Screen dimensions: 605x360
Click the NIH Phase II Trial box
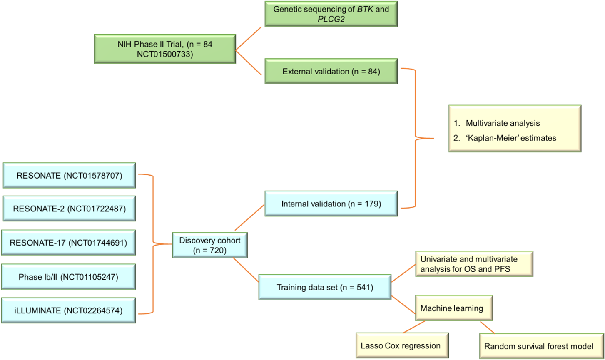[x=165, y=49]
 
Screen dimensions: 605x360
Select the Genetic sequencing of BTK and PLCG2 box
[x=331, y=14]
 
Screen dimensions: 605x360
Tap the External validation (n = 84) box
[x=331, y=71]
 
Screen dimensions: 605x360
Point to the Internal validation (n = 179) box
[x=331, y=204]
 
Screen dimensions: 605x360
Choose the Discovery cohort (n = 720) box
[x=210, y=245]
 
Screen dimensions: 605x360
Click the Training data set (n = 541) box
[x=325, y=287]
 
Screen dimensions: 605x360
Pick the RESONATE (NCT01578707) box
[x=70, y=175]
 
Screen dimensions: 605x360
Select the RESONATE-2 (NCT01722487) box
[x=70, y=209]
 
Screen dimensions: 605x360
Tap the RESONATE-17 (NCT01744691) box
[x=69, y=243]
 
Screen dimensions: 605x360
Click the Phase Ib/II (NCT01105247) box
[x=69, y=277]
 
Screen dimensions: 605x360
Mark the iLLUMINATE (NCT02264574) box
[x=69, y=310]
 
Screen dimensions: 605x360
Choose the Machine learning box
[x=454, y=308]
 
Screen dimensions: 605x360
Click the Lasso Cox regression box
[x=403, y=345]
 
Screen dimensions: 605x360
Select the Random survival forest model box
[x=542, y=346]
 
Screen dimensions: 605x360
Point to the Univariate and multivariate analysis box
[x=474, y=264]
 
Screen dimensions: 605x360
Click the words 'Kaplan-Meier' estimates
[x=511, y=138]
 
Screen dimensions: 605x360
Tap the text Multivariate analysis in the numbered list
[x=503, y=123]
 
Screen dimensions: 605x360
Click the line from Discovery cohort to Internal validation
[x=249, y=218]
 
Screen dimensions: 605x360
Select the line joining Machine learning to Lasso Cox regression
[x=414, y=327]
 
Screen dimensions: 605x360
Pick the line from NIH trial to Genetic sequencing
[x=249, y=39]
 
